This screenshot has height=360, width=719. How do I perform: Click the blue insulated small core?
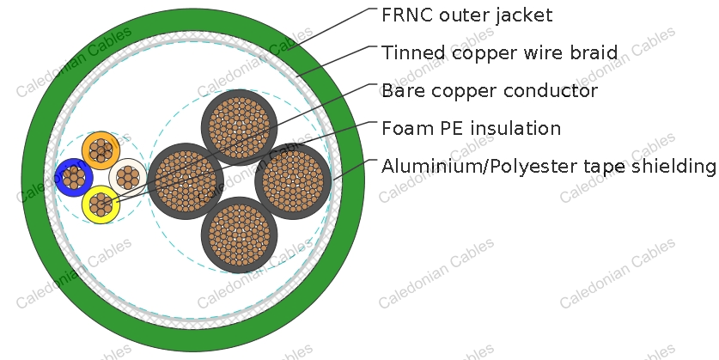pos(74,178)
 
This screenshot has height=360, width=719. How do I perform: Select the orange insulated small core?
pos(101,150)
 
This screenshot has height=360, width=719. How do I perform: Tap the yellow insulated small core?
pos(101,204)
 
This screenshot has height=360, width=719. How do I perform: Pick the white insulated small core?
pos(128,178)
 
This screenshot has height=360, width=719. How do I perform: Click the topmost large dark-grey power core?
pos(240,127)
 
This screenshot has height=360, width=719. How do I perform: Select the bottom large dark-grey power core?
pos(240,235)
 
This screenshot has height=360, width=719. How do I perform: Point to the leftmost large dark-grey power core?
pos(186,181)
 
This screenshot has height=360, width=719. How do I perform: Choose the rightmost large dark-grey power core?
pos(293,181)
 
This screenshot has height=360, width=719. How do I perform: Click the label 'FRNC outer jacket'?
pos(466,15)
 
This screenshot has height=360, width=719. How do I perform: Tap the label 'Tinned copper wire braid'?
pos(500,53)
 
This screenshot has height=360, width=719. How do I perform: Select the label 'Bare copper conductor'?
pos(490,91)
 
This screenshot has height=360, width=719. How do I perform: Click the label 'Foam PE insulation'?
pos(472,128)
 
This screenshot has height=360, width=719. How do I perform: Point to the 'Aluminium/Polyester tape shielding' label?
pos(549,167)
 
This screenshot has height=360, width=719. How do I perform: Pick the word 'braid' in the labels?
pos(594,52)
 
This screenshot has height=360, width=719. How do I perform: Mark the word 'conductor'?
pos(551,91)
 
